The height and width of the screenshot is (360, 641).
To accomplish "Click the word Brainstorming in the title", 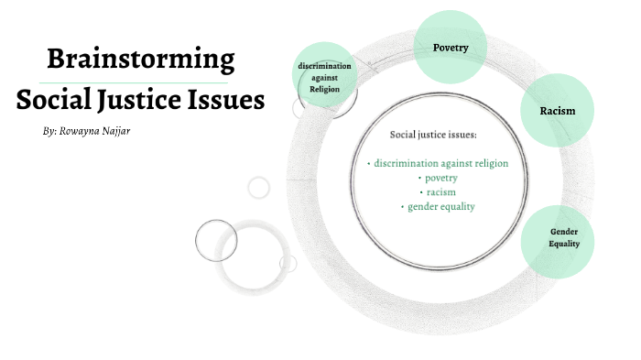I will pyautogui.click(x=140, y=61).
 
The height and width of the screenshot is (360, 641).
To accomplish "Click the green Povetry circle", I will pyautogui.click(x=451, y=47).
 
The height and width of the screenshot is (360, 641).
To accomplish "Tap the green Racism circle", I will pyautogui.click(x=558, y=111).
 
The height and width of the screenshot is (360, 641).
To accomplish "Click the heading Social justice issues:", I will pyautogui.click(x=434, y=135).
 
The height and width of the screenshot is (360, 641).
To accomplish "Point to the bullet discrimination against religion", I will pyautogui.click(x=440, y=163).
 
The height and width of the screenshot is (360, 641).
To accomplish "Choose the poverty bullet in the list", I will pyautogui.click(x=440, y=178).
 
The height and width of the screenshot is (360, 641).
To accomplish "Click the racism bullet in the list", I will pyautogui.click(x=440, y=192).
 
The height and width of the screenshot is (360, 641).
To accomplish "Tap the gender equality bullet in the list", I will pyautogui.click(x=440, y=207).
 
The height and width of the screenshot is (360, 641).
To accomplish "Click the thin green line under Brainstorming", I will pyautogui.click(x=140, y=82).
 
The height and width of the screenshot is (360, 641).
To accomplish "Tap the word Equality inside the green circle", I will pyautogui.click(x=565, y=244).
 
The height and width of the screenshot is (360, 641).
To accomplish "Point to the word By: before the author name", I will pyautogui.click(x=49, y=132).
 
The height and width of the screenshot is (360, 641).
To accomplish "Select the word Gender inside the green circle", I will pyautogui.click(x=565, y=232).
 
